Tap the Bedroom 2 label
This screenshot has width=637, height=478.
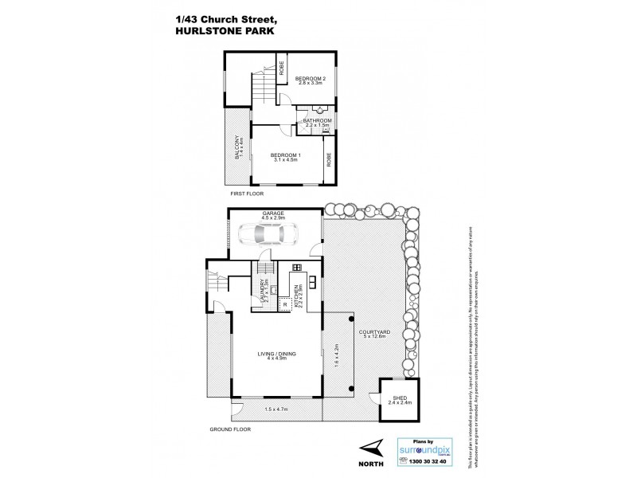[310, 78]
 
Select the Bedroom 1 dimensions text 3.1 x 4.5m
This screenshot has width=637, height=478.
[284, 160]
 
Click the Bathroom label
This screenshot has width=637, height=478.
[317, 119]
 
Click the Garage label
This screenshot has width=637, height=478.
[276, 213]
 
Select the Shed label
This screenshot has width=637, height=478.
[390, 398]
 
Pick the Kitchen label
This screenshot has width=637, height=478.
[295, 296]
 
